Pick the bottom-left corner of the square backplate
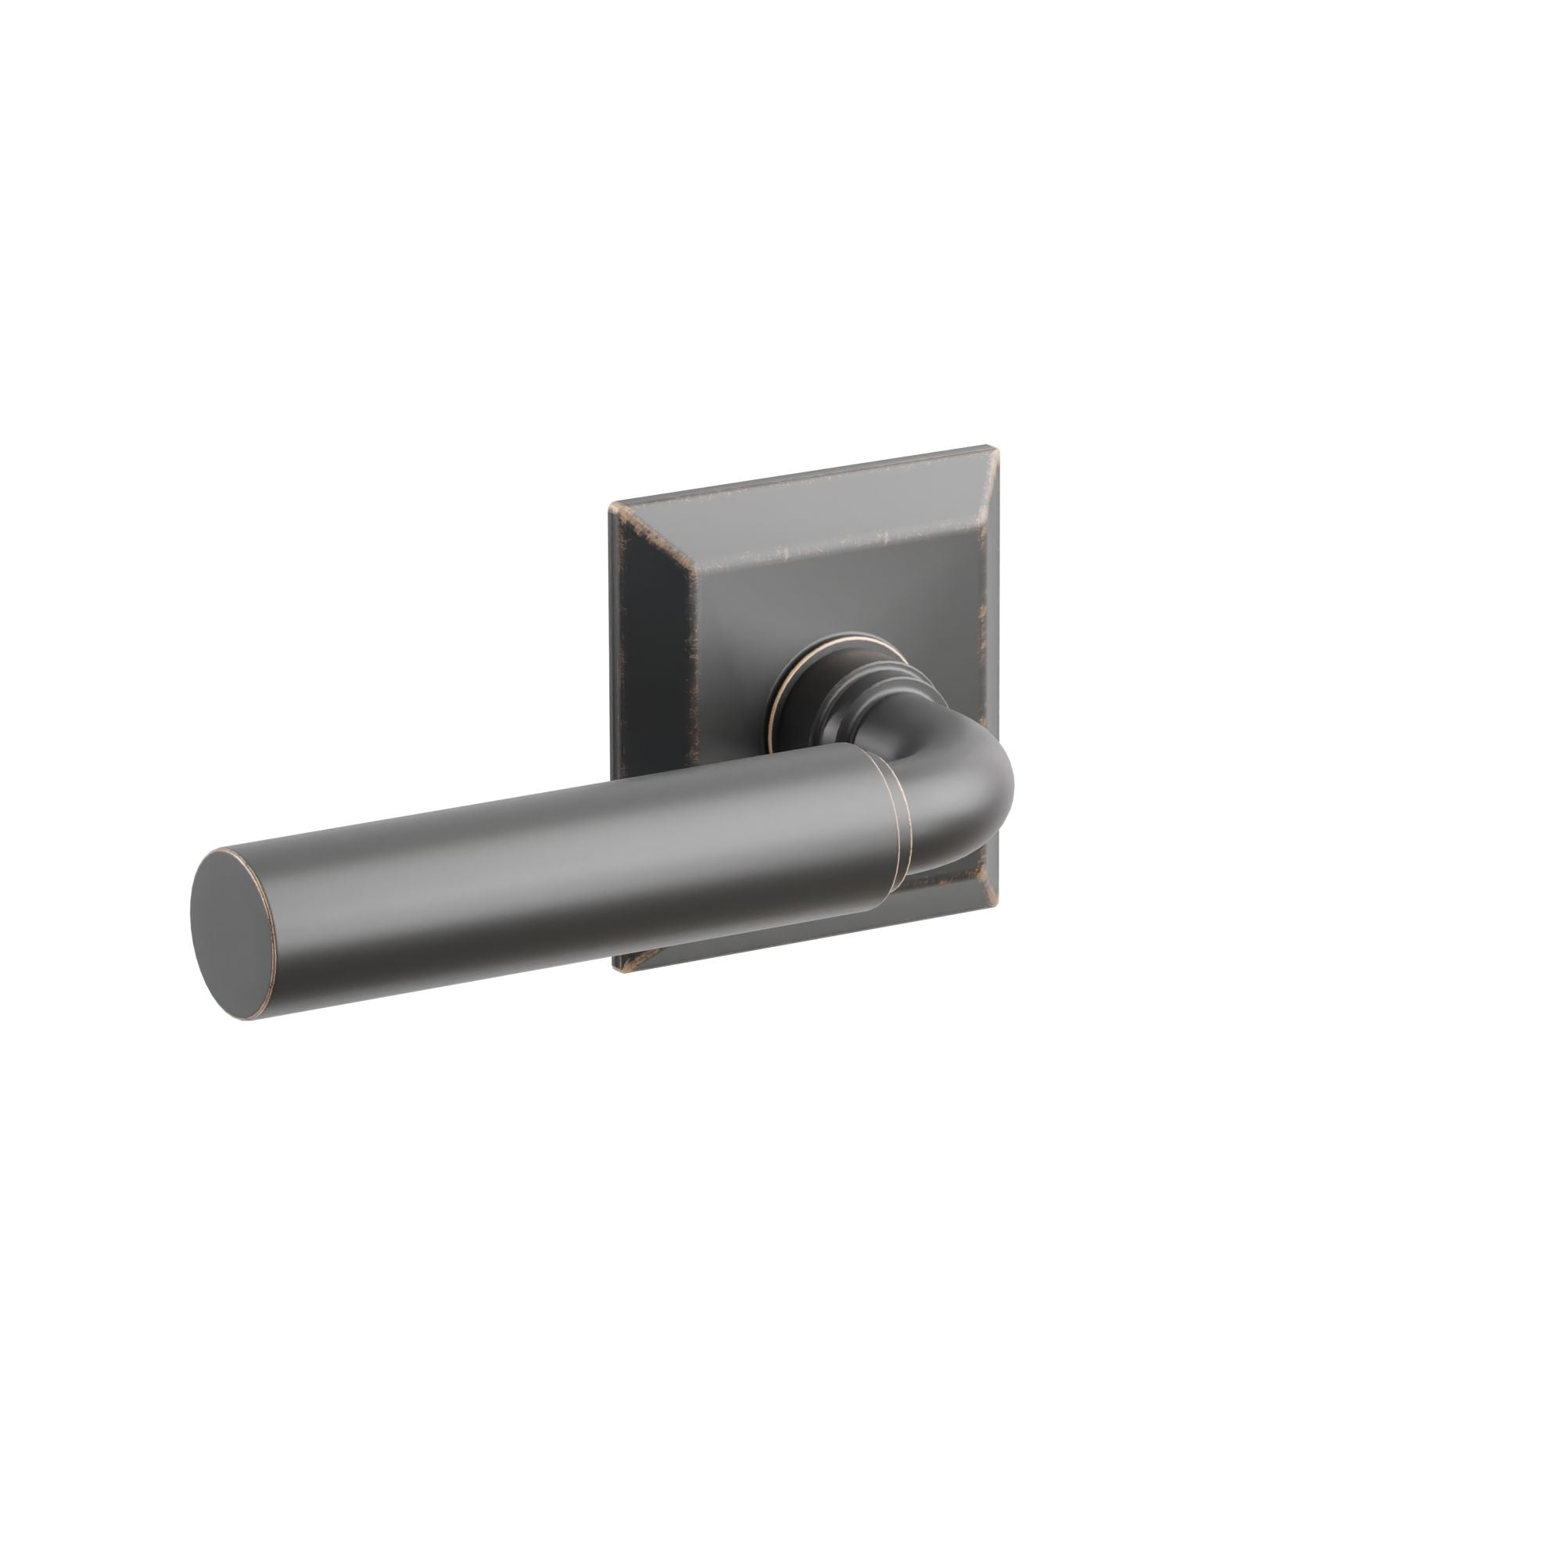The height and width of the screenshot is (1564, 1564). tap(619, 971)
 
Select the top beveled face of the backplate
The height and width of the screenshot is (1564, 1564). tap(809, 506)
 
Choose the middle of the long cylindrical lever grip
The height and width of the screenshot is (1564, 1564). tap(567, 882)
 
